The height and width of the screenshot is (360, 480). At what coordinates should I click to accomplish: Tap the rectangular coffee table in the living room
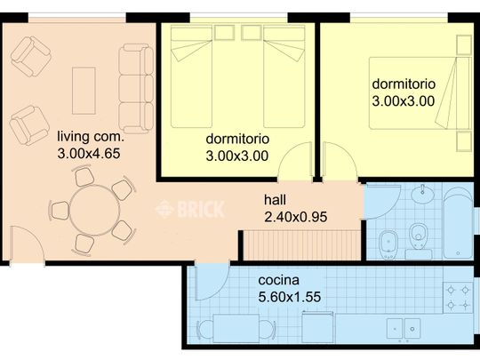84,91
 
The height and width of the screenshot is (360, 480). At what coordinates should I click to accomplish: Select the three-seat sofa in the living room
136,89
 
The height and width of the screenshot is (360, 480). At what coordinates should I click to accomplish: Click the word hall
275,200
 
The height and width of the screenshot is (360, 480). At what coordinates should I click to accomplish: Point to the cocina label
278,280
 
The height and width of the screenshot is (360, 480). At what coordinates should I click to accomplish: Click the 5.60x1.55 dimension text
290,297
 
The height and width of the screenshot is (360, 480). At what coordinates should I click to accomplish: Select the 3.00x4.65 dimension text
89,154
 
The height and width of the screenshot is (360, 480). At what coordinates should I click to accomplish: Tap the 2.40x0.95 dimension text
296,217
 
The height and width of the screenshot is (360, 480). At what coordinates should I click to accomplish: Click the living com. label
91,137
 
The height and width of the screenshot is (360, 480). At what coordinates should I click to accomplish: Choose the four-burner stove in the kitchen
458,297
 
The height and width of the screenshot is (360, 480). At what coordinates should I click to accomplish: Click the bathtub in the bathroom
459,223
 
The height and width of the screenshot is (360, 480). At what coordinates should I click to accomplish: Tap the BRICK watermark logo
190,209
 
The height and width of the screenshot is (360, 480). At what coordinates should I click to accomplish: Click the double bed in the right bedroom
420,93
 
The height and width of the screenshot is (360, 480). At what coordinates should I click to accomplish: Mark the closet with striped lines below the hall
302,245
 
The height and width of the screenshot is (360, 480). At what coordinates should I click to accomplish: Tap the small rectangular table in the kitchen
236,329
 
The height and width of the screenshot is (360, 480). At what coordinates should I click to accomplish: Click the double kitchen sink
404,329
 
